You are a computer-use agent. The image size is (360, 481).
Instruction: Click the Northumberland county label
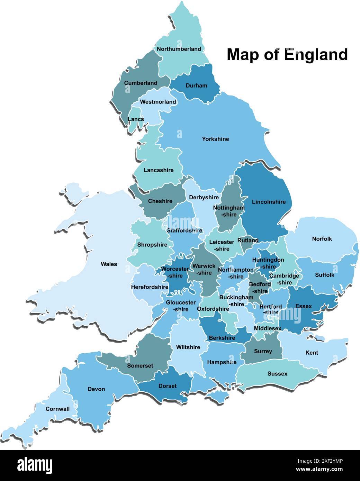[179, 49]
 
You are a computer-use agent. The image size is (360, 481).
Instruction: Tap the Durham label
[196, 86]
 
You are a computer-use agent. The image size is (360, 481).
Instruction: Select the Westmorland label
[158, 102]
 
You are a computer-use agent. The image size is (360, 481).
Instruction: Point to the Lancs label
[136, 119]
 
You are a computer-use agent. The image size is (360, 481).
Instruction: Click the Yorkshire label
[215, 139]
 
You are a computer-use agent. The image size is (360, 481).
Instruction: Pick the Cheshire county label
[160, 201]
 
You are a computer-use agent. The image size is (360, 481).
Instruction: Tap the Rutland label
[248, 241]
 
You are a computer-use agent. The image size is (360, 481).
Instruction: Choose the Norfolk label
[322, 239]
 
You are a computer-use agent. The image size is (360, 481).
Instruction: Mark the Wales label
[109, 264]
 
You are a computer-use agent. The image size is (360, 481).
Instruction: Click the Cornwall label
[57, 409]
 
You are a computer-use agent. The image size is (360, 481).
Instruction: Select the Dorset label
[167, 386]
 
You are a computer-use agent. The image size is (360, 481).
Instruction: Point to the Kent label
[312, 353]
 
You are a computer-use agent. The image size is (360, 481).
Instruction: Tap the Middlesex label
[268, 328]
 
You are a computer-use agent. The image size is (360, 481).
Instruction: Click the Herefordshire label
[150, 287]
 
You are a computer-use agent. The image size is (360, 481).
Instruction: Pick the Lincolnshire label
[269, 202]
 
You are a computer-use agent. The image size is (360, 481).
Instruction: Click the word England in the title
[316, 55]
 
